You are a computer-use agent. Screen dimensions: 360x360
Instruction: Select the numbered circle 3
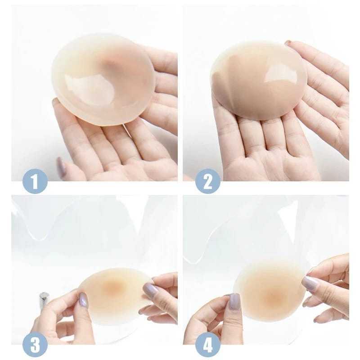click(35, 345)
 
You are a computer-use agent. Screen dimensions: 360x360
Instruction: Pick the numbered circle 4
click(208, 345)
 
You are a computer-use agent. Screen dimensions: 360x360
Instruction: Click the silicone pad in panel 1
click(103, 79)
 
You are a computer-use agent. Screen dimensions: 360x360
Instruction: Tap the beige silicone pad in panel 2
click(259, 80)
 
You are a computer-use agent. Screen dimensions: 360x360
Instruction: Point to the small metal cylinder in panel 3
click(44, 299)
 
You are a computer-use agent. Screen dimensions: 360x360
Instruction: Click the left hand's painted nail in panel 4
click(234, 301)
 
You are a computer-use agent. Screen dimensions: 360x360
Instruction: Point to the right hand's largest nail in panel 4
click(310, 283)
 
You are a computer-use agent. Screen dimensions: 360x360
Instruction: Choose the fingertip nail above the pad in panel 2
click(288, 43)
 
